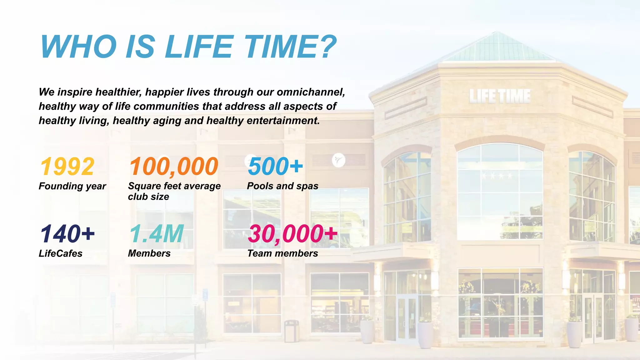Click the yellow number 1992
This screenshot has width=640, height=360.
[x=67, y=167]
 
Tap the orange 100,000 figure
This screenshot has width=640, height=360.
[x=174, y=167]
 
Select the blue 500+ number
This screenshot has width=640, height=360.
[x=275, y=166]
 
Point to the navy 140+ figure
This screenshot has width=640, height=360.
[x=67, y=234]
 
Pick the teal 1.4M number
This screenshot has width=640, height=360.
[x=157, y=234]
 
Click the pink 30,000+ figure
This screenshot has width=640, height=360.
[x=292, y=234]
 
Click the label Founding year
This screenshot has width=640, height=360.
[x=72, y=186]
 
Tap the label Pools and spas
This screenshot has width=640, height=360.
[x=282, y=186]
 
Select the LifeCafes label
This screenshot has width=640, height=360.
[x=60, y=253]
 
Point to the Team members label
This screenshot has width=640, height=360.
[x=282, y=253]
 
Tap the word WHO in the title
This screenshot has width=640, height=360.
[x=78, y=47]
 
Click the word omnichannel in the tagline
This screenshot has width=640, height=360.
[x=311, y=92]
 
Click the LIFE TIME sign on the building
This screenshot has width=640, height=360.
[x=500, y=96]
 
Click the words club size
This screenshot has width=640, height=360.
[x=148, y=197]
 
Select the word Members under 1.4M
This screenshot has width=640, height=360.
[x=149, y=253]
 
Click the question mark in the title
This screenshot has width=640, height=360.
[x=328, y=47]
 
